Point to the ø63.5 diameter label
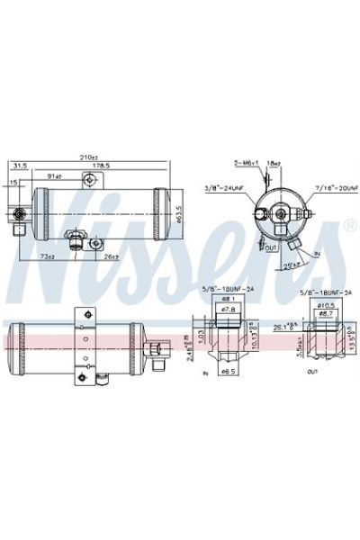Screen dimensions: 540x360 click(179, 216)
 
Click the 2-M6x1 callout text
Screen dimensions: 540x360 click(246, 162)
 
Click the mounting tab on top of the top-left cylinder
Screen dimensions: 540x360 click(87, 181)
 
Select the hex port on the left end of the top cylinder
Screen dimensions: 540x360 click(18, 214)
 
